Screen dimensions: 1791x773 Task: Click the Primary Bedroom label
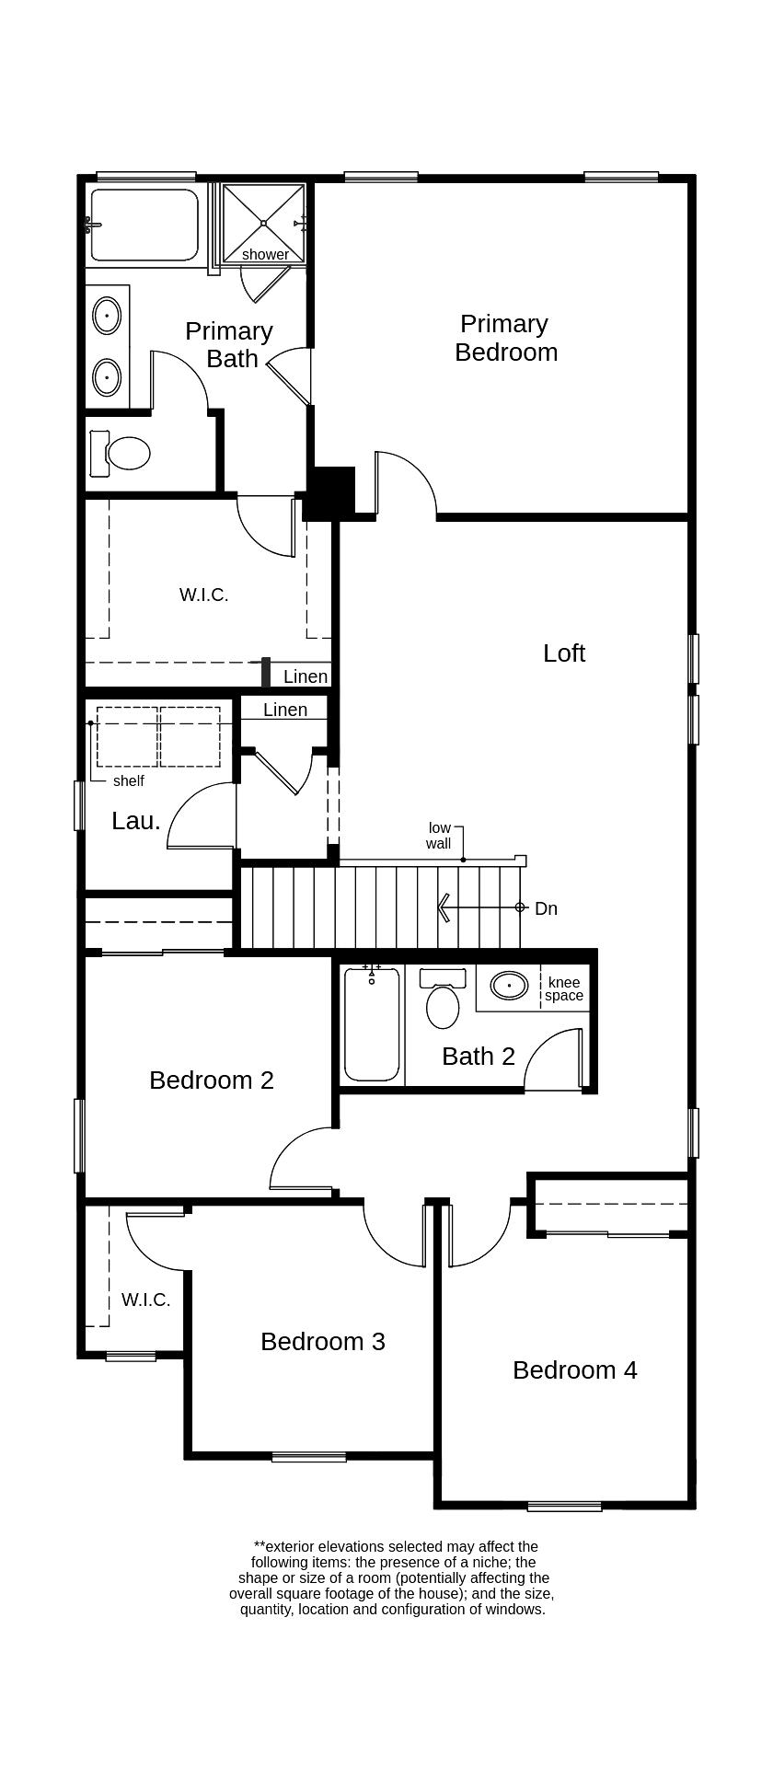505,338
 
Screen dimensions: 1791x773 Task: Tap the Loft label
563,653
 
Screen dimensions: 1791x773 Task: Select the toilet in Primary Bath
122,453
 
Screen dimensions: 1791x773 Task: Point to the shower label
265,254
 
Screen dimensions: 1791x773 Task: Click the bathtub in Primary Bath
144,225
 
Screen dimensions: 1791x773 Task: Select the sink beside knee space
509,986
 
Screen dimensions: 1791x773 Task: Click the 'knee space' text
563,988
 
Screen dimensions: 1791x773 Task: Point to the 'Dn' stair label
546,908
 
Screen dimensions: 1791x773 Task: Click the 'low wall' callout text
439,836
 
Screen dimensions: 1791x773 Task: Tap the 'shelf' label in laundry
128,780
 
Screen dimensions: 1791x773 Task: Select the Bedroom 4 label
574,1369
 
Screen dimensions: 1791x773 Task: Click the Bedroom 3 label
322,1341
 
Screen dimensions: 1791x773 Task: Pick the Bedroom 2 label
211,1080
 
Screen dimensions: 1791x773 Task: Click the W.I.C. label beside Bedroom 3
145,1300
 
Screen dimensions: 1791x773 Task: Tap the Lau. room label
136,821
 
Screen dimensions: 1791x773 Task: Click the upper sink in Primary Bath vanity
107,316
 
